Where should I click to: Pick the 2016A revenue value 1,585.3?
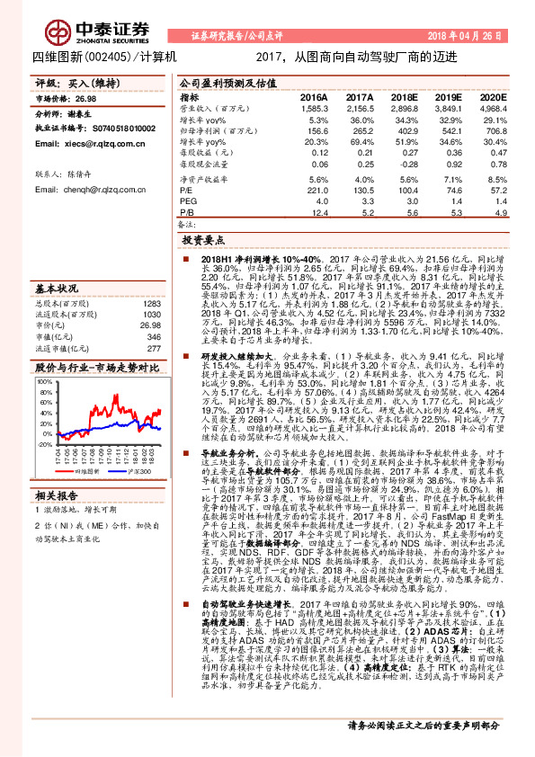click(x=313, y=108)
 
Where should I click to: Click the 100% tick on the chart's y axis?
click(x=46, y=381)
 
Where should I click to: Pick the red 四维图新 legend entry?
click(x=81, y=470)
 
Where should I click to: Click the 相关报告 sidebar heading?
click(x=58, y=494)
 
